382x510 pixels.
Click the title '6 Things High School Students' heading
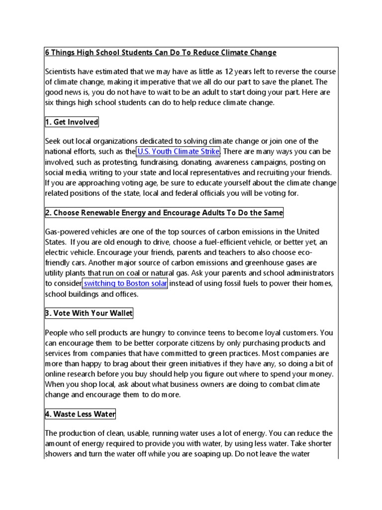161,53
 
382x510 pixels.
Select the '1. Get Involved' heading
72,122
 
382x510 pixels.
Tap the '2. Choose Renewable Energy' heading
164,213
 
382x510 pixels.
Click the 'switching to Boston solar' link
125,284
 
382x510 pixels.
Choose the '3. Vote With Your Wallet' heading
89,313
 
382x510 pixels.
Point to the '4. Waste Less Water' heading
81,414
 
